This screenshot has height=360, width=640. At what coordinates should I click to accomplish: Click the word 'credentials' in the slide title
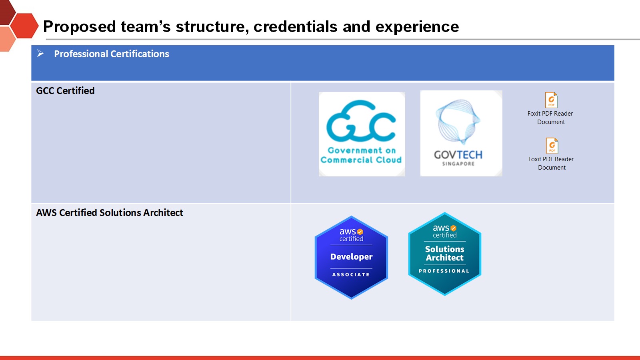tap(296, 26)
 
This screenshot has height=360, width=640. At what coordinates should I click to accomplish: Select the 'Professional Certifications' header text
tap(112, 54)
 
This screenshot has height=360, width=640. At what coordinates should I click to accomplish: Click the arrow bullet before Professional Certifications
tap(40, 53)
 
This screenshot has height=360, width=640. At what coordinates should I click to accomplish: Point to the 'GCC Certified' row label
tap(65, 90)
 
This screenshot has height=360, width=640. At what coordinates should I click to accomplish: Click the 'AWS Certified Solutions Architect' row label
tap(110, 212)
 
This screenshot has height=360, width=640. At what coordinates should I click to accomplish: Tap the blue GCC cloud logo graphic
tap(361, 120)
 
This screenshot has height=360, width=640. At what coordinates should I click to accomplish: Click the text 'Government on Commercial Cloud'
tap(361, 155)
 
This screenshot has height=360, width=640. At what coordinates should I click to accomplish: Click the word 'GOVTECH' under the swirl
tap(458, 155)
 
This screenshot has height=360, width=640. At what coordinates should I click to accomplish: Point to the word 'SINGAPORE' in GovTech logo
tap(458, 164)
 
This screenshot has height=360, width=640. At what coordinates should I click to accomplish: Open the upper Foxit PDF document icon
tap(551, 100)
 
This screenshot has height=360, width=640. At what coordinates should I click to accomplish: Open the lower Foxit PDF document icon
tap(552, 146)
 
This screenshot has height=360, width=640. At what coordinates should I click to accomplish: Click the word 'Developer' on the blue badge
tap(352, 256)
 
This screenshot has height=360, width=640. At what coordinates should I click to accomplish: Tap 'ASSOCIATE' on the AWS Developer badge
tap(351, 274)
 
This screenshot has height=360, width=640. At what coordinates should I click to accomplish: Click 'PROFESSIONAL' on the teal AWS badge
tap(444, 271)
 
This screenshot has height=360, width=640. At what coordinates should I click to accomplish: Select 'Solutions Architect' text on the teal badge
tap(444, 253)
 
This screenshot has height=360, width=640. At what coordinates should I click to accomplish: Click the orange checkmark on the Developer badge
tap(360, 232)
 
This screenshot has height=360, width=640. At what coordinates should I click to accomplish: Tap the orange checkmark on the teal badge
tap(454, 228)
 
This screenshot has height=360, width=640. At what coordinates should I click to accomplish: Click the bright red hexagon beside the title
tap(24, 26)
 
